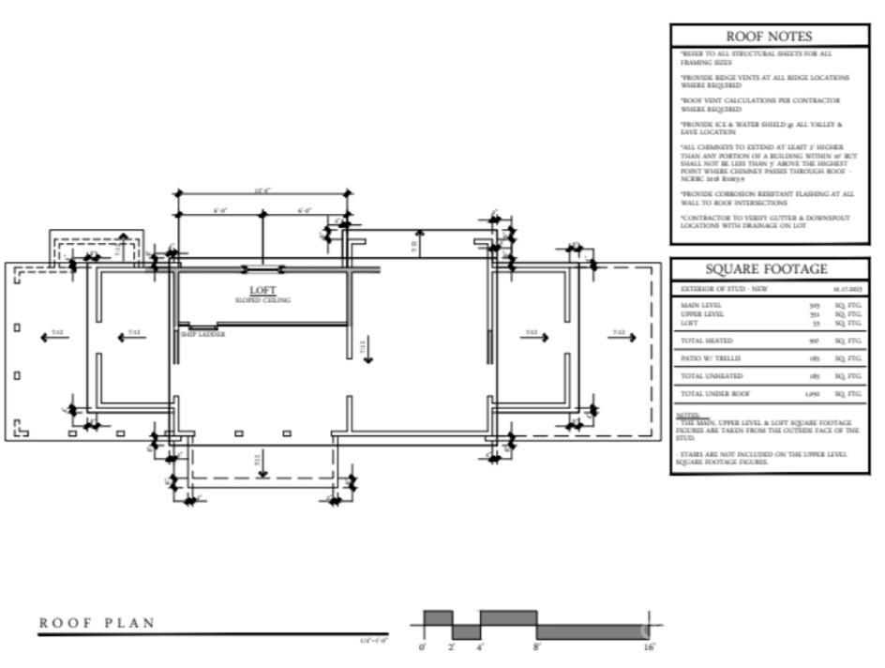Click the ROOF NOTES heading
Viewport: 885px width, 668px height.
point(769,37)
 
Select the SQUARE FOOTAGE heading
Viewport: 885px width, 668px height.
point(769,269)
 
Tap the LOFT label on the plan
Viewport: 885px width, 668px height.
point(262,290)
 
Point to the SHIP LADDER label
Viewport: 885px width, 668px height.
point(202,334)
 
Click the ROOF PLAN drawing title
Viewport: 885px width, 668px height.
point(97,623)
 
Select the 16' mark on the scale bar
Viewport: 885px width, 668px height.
point(649,647)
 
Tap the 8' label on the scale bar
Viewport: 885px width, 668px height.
point(537,647)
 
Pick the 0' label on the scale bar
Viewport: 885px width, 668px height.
point(422,647)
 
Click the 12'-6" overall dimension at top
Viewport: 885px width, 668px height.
point(262,190)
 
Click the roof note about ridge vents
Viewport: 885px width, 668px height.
point(764,81)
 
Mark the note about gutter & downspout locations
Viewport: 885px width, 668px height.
point(764,221)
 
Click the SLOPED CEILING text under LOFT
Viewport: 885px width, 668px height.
point(262,300)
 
